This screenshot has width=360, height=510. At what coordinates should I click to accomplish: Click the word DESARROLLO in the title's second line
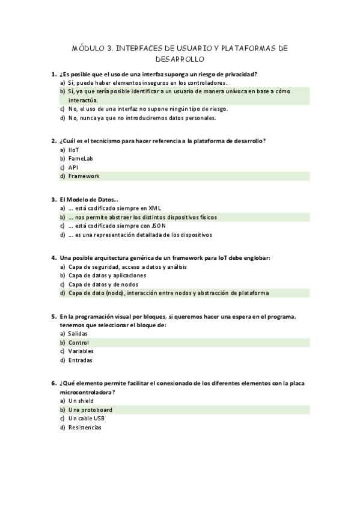180,60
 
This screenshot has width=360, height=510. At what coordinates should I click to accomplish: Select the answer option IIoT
73,150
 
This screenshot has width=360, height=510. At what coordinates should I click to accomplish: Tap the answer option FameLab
80,159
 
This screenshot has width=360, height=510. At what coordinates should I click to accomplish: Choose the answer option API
73,167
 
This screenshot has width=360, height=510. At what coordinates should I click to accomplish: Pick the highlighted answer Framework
84,176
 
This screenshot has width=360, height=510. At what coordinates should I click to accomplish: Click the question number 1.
54,74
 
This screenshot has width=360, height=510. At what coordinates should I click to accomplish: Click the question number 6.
54,383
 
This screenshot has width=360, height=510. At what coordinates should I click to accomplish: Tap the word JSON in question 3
158,226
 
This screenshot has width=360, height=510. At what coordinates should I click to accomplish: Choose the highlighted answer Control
79,342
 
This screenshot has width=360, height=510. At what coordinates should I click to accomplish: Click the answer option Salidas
78,333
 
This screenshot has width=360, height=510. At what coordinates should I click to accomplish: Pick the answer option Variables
81,351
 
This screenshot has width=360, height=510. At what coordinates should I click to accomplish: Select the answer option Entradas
81,360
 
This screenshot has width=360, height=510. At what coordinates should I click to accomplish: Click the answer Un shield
81,401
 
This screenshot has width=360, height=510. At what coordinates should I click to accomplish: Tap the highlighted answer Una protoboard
90,410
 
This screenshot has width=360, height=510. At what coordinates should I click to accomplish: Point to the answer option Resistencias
85,428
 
